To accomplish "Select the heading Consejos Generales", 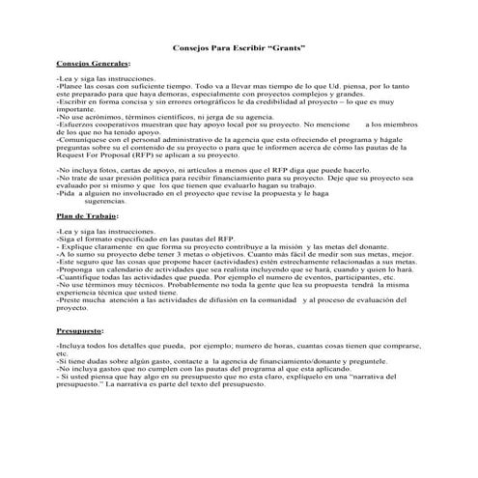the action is pos(89,62).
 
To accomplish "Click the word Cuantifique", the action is pos(80,279).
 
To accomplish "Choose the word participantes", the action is pos(349,279).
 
